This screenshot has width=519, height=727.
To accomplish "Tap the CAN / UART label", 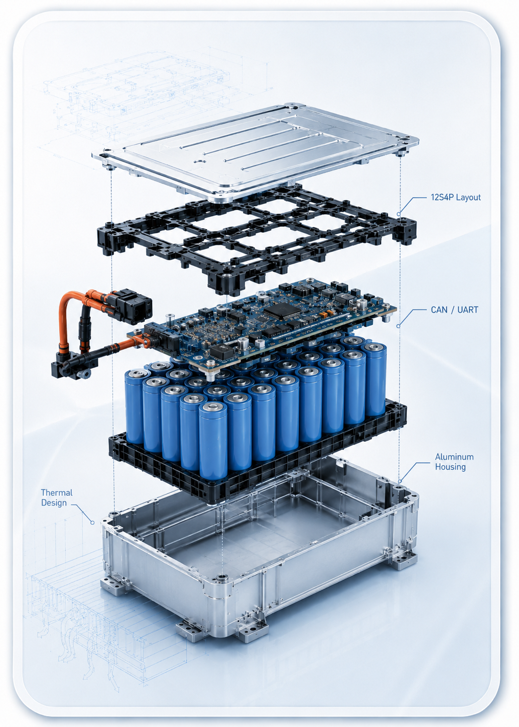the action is [x=454, y=310].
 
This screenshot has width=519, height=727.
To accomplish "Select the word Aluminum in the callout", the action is [x=454, y=457].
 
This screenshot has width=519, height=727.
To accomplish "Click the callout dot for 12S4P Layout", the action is [x=399, y=214].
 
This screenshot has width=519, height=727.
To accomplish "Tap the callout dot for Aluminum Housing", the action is [x=400, y=481].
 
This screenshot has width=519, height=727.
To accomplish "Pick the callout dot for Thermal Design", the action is [x=93, y=523].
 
